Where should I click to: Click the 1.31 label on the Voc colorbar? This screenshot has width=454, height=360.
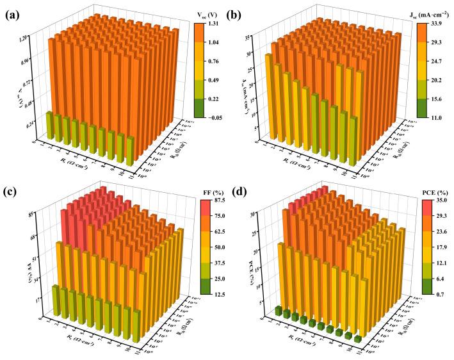point(213,24)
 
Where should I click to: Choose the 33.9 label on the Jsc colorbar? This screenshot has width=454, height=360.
point(439,24)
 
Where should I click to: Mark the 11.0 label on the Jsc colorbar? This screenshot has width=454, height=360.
point(439,118)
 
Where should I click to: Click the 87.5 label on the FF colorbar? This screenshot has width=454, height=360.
point(213,200)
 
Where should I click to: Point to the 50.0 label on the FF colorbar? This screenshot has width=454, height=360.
point(213,247)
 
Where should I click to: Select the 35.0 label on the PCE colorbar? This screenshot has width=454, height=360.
point(439,200)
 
